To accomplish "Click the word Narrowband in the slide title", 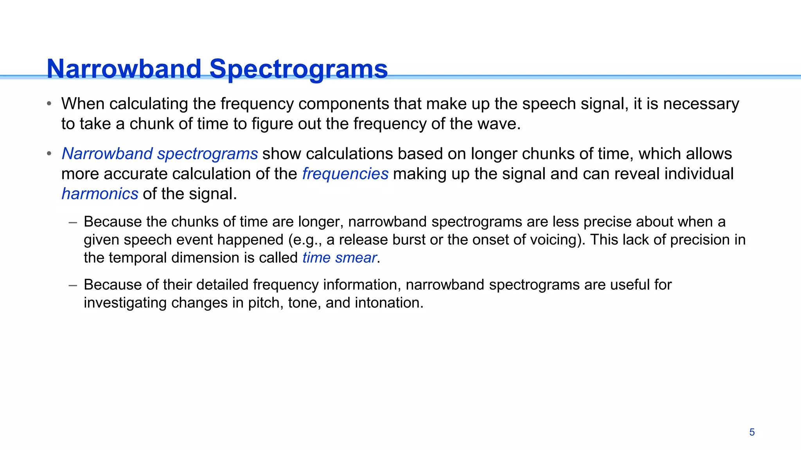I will (x=124, y=69).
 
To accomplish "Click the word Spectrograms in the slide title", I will (x=298, y=69).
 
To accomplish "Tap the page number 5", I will (x=752, y=432).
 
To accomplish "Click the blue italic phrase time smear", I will (x=339, y=258).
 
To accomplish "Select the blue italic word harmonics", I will (x=100, y=194).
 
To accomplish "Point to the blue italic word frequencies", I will (x=345, y=174).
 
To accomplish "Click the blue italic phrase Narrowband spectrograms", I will (x=160, y=154).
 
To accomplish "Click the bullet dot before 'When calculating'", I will (x=49, y=104).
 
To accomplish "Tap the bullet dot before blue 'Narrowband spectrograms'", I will (x=49, y=154).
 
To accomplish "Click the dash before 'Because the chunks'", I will (x=72, y=222).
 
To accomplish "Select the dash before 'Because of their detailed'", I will (x=72, y=285).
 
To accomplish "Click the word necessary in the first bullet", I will (x=701, y=104).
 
